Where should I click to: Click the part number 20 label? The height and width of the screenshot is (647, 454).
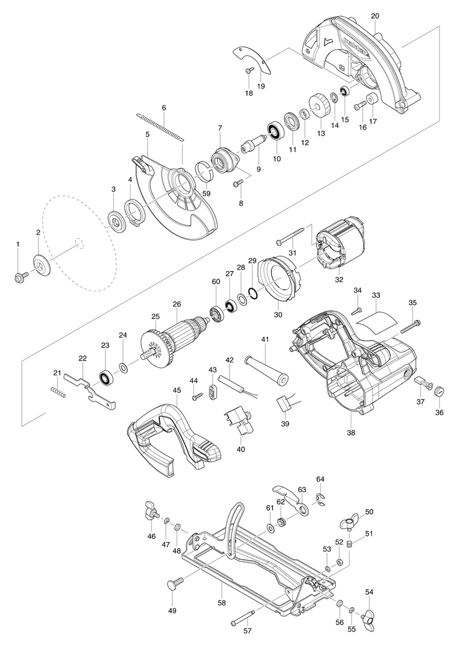[375, 16]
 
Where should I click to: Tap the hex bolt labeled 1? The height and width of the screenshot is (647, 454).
[21, 277]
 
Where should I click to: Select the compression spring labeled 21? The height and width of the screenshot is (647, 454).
[58, 392]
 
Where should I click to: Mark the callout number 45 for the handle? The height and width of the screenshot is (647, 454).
[177, 390]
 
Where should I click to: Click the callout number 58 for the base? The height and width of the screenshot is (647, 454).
[221, 602]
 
